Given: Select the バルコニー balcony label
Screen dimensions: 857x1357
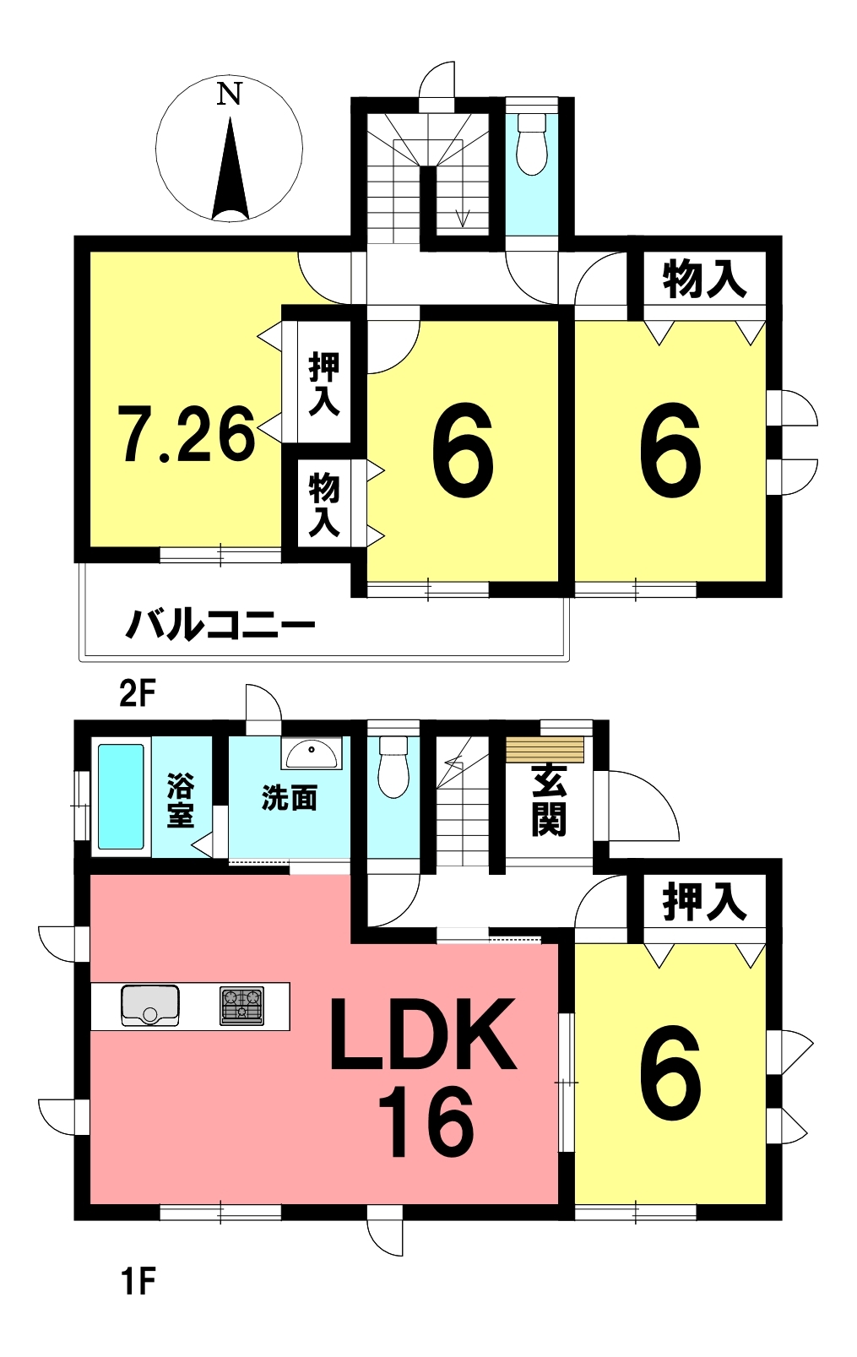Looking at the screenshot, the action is pos(220,626).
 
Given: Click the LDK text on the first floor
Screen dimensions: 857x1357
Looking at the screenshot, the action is pos(422,1035).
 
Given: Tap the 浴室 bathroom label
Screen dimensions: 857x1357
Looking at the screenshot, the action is pos(181,801).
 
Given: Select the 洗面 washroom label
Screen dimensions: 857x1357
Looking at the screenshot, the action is pos(290,799).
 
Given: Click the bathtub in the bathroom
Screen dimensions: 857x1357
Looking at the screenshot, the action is pos(121,796).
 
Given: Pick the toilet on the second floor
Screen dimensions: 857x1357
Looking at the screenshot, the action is pos(532,144).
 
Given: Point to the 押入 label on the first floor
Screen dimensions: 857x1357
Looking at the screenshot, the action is pos(704,902).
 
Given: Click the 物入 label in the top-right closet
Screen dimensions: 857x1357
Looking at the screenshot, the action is pos(704,280).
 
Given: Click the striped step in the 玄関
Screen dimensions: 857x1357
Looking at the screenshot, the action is pos(545,749).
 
